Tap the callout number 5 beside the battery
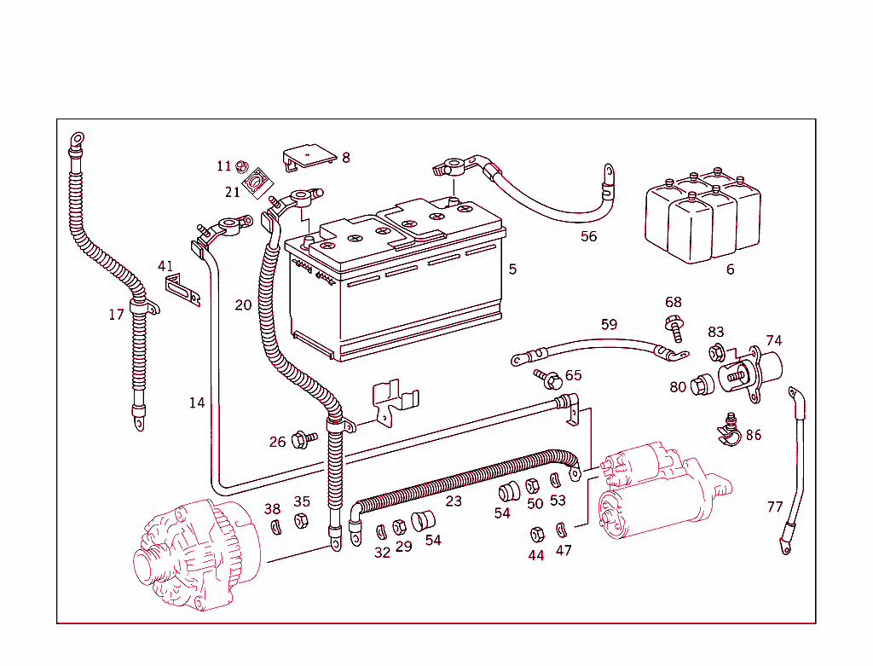click(x=512, y=269)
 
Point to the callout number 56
click(x=588, y=236)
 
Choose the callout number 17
click(x=116, y=315)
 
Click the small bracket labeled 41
click(x=181, y=287)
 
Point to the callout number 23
click(x=454, y=501)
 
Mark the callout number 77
click(x=774, y=507)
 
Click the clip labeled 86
click(x=727, y=431)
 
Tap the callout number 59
click(x=609, y=324)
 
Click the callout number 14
click(x=197, y=402)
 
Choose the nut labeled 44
click(x=537, y=535)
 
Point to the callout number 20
click(x=243, y=304)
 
